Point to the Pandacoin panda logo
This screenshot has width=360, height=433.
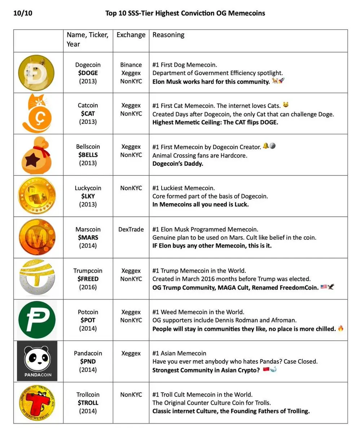point(37,360)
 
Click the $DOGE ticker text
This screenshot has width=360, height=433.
point(88,73)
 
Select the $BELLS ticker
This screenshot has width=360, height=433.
point(88,155)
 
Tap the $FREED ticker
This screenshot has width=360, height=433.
point(88,279)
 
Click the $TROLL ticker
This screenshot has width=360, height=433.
point(88,403)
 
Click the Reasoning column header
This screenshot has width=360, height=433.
point(168,35)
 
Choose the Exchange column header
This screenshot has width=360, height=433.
point(131,35)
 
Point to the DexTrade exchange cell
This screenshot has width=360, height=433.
point(131,229)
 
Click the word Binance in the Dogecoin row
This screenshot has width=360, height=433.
point(131,65)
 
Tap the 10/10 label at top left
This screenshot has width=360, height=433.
point(24,13)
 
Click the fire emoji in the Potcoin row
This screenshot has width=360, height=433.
point(341,328)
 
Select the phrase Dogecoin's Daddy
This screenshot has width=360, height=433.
point(178,163)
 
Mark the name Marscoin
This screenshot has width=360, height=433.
point(88,229)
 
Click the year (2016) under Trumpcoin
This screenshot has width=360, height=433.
point(88,287)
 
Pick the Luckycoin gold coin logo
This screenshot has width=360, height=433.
point(38,196)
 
